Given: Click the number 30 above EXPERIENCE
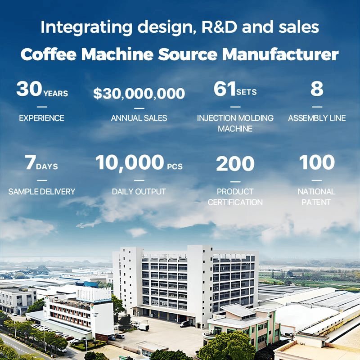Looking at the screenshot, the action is pyautogui.click(x=29, y=89).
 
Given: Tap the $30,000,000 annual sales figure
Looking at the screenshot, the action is pyautogui.click(x=139, y=94).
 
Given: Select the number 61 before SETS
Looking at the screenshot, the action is pyautogui.click(x=225, y=89).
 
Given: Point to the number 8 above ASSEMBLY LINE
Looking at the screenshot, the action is pyautogui.click(x=317, y=89).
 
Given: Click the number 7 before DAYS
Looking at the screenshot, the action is pyautogui.click(x=30, y=162).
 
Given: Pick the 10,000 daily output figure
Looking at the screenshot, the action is pyautogui.click(x=130, y=162).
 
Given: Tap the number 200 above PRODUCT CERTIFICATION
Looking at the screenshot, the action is pyautogui.click(x=235, y=163).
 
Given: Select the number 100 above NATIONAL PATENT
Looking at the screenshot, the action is pyautogui.click(x=317, y=162).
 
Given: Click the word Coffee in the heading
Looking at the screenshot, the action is pyautogui.click(x=49, y=54).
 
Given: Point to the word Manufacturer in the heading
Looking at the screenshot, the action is pyautogui.click(x=280, y=54).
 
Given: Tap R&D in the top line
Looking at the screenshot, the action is pyautogui.click(x=219, y=27).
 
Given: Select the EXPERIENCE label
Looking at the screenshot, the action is pyautogui.click(x=41, y=118).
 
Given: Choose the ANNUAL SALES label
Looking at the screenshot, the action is pyautogui.click(x=139, y=118).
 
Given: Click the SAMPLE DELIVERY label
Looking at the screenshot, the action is pyautogui.click(x=42, y=192).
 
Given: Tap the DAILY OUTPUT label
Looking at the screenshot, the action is pyautogui.click(x=139, y=192).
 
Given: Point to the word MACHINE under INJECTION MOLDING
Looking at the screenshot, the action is pyautogui.click(x=235, y=129).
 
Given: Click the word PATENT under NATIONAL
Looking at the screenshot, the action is pyautogui.click(x=316, y=202).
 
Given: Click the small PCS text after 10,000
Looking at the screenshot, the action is pyautogui.click(x=175, y=166).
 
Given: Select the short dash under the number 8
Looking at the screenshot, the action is pyautogui.click(x=317, y=107).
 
